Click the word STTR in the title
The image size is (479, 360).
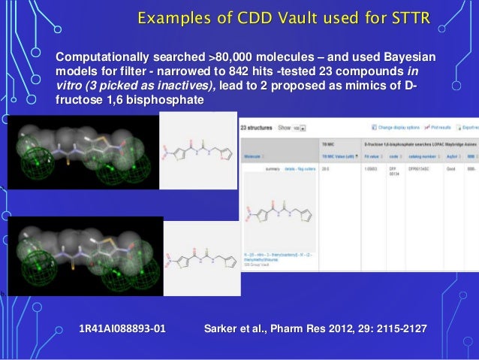coord(408,17)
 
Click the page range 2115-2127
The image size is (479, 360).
coord(395,329)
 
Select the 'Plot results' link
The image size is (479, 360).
coord(442,128)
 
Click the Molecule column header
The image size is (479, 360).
coord(253,156)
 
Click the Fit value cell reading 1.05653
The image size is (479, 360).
coord(369,170)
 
